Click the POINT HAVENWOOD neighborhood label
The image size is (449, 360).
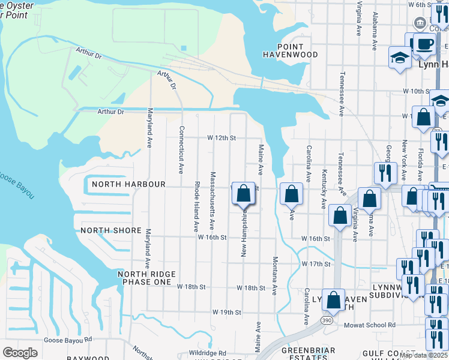pos(290,50)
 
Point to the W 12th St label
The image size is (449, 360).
pos(222,138)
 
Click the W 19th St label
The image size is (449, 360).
pos(226,313)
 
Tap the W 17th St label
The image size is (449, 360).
pos(316,264)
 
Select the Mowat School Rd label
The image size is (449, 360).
pos(370,325)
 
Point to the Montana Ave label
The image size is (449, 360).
pos(274,275)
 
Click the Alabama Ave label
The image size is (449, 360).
pos(375,31)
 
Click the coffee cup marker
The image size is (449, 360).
pos(425,44)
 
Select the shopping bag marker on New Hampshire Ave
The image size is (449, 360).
pos(243,194)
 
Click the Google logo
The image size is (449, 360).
pos(20,353)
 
